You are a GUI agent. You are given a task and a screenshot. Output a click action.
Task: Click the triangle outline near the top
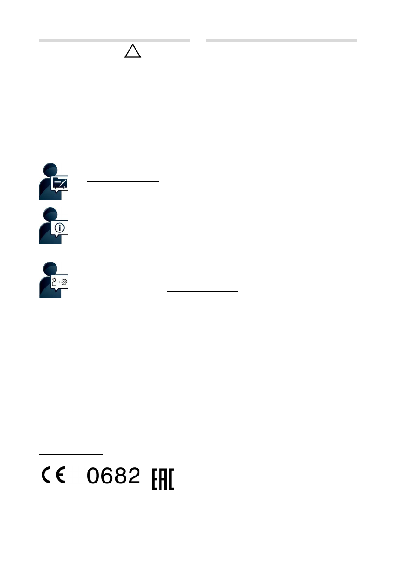tap(132, 51)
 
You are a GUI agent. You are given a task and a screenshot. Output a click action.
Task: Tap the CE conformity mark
tap(54, 476)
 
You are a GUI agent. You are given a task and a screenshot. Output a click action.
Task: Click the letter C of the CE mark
tap(47, 476)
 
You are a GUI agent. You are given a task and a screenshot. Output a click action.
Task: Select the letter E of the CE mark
tap(61, 476)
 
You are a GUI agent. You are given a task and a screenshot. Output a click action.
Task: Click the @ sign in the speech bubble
tap(64, 281)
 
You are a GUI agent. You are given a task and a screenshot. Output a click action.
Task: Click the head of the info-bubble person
tap(49, 215)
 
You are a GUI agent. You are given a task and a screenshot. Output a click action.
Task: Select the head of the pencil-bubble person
tap(49, 170)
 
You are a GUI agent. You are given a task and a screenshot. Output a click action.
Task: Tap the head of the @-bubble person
tap(49, 269)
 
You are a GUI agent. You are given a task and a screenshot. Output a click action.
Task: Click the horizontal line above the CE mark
tap(71, 454)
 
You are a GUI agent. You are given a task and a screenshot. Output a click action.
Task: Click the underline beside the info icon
tap(121, 219)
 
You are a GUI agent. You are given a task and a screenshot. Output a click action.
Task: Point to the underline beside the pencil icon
tap(123, 182)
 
